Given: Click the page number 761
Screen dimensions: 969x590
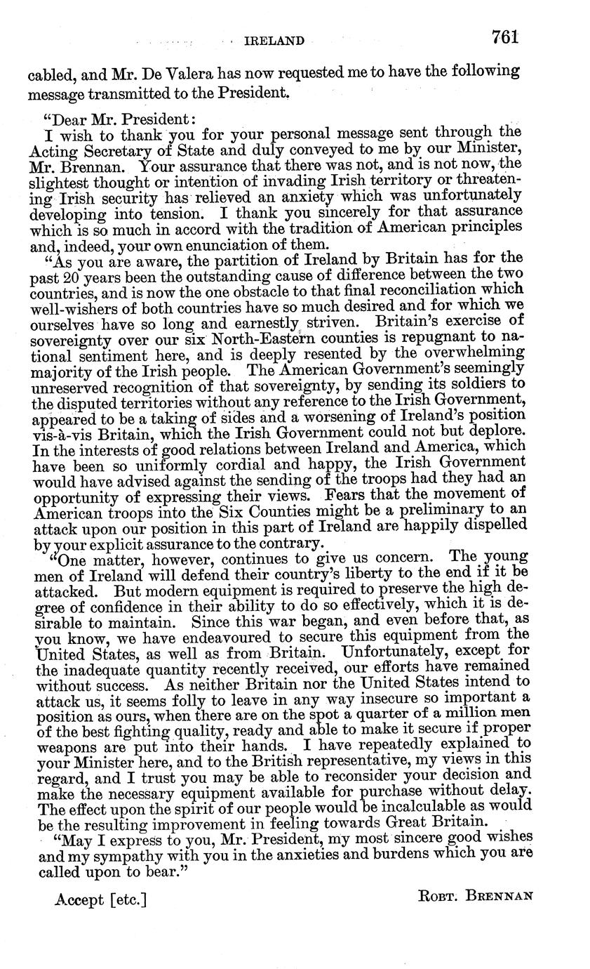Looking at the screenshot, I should coord(505,37).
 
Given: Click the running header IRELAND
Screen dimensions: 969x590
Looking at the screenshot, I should coord(274,41).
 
